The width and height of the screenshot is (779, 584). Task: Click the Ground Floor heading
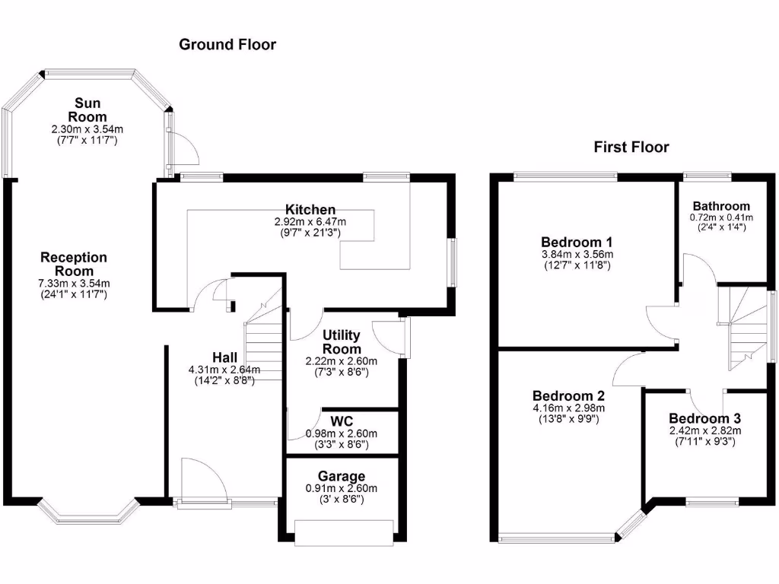(x=227, y=44)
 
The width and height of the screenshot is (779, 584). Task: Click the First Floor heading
(x=631, y=148)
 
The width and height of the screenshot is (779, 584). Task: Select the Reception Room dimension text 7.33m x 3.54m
(x=74, y=284)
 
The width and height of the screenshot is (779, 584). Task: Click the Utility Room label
(x=342, y=342)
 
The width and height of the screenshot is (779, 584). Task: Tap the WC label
(x=341, y=421)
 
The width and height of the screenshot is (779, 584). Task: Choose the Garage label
(x=341, y=476)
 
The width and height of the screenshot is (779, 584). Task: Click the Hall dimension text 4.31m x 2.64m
(x=224, y=370)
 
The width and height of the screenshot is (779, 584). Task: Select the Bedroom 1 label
(x=577, y=241)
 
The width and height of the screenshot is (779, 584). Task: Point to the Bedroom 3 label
(x=704, y=418)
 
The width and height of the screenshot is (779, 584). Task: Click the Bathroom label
(x=720, y=206)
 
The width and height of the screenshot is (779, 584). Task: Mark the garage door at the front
(x=345, y=532)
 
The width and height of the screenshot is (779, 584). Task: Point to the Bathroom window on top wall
(x=707, y=177)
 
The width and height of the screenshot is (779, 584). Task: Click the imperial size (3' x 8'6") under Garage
(x=341, y=500)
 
